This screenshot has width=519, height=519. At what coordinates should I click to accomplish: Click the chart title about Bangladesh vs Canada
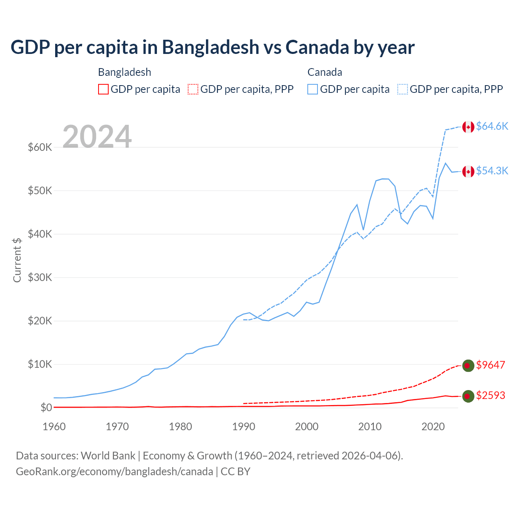(212, 47)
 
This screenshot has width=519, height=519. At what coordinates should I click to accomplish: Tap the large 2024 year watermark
(97, 136)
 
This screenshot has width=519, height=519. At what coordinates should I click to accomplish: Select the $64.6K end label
(492, 126)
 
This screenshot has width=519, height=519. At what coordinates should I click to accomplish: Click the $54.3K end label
(492, 171)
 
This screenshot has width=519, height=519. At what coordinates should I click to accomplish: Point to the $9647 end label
(491, 365)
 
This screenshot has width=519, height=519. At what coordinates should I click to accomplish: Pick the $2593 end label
(491, 395)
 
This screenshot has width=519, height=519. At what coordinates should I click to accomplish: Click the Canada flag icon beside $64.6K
(468, 127)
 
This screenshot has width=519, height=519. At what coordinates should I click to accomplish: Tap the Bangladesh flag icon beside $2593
(468, 396)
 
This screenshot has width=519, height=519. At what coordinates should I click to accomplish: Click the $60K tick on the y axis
(40, 147)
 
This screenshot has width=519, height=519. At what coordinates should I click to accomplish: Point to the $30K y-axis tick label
(40, 277)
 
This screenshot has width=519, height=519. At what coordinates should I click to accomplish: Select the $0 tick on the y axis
(46, 407)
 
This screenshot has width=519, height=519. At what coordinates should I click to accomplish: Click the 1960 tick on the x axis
(54, 427)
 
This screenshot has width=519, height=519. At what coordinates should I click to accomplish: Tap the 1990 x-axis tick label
(244, 427)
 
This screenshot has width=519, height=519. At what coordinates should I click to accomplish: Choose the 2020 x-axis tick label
(433, 427)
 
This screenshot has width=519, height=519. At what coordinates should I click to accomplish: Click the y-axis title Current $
(17, 260)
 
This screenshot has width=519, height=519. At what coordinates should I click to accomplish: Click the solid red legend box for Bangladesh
(103, 89)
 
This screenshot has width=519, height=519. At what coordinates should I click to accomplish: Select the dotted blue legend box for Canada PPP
(403, 89)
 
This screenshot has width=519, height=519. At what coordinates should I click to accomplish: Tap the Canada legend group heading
(325, 72)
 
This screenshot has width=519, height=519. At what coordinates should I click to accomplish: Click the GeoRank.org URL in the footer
(114, 472)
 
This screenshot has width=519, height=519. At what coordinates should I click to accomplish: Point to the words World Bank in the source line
(108, 456)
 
